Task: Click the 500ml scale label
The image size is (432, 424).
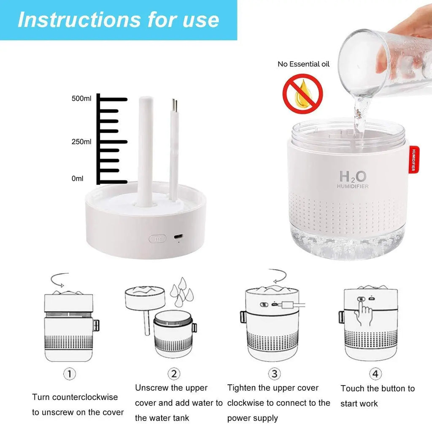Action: tap(81, 98)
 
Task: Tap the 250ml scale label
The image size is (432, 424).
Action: tap(81, 142)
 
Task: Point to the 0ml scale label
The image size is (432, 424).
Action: tap(78, 178)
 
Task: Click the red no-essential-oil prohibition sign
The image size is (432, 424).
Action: tap(302, 94)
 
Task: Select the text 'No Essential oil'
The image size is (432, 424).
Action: tap(303, 64)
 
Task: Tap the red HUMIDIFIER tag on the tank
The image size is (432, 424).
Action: tap(413, 160)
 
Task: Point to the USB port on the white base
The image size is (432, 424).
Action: tap(178, 236)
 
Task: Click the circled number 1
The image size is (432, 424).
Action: tap(69, 374)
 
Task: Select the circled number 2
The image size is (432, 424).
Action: tap(174, 374)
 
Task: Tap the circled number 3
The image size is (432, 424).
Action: tap(274, 374)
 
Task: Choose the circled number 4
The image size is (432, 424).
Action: tap(375, 374)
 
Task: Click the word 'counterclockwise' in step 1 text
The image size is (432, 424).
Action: tap(85, 397)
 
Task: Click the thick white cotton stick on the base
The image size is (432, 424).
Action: tap(146, 151)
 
